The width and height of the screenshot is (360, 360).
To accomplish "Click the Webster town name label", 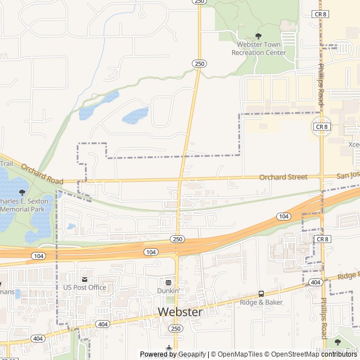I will point(180,312).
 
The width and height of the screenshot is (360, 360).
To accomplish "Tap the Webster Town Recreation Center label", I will point(259,48).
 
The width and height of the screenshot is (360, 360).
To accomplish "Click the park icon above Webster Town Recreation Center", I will point(259,36).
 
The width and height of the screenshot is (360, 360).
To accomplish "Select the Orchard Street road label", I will point(283,177).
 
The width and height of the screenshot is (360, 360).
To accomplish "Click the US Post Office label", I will point(84,287).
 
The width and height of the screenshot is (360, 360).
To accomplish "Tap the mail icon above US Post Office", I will point(84,280).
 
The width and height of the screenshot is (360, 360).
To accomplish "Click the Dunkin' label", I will point(168,291).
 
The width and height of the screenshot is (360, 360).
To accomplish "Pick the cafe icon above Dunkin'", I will point(168,282).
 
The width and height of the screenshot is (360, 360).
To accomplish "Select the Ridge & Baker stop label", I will point(261,302).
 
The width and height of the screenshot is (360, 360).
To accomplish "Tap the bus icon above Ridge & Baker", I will point(261,294).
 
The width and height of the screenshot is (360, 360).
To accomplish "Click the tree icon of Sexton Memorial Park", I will point(22,192).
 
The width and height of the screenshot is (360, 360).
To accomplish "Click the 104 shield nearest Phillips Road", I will point(283,217).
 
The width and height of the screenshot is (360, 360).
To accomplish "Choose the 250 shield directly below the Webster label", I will point(176,328).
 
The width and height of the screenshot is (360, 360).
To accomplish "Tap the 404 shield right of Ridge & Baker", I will point(315,282).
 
